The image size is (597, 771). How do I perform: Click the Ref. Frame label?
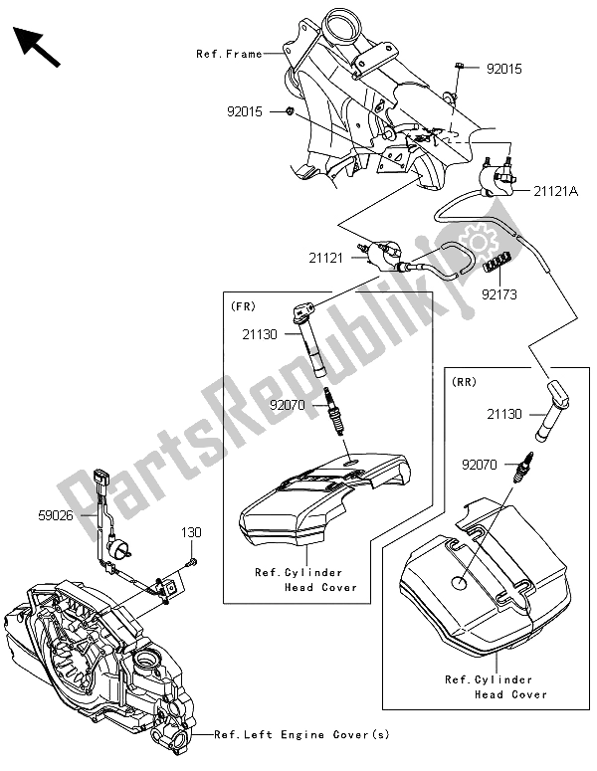(x=230, y=54)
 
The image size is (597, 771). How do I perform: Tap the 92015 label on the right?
(x=504, y=70)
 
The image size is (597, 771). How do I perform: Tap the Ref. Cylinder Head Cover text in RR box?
(x=495, y=687)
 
